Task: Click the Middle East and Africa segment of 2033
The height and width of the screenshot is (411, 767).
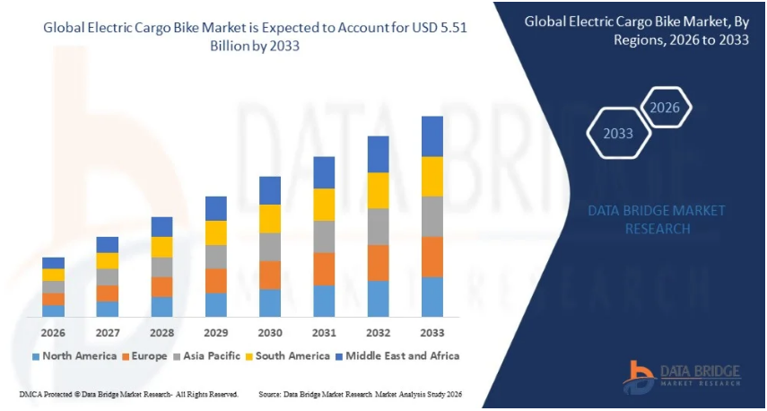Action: click(432, 136)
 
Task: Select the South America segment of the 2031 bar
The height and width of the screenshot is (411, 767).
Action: click(324, 205)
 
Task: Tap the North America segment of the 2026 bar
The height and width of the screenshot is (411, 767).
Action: click(53, 310)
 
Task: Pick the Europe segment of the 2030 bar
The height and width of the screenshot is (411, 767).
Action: click(270, 275)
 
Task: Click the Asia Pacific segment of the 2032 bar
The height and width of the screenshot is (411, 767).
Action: click(378, 227)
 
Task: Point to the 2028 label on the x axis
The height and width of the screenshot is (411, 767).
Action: click(161, 332)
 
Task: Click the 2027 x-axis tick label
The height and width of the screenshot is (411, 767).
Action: click(108, 332)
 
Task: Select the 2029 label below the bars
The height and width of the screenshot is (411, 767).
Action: click(215, 332)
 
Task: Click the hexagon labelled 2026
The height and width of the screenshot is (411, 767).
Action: click(665, 109)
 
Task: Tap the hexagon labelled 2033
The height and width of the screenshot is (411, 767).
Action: click(618, 134)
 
